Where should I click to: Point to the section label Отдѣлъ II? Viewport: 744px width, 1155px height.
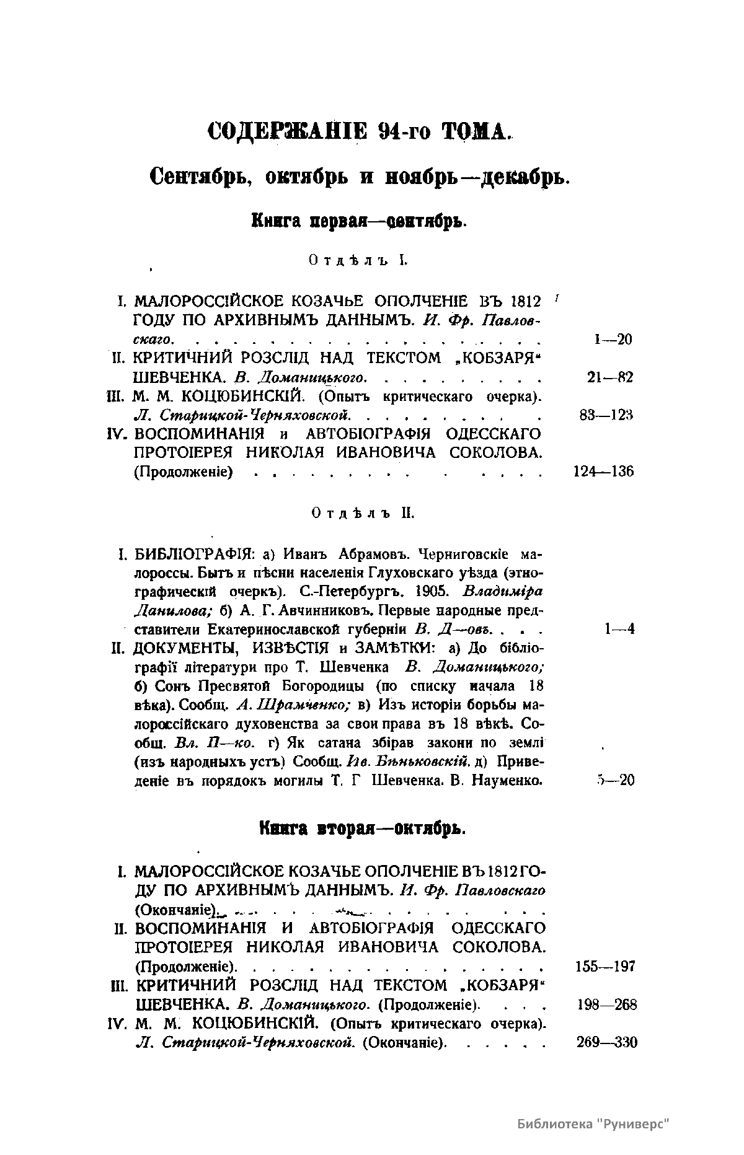click(x=363, y=514)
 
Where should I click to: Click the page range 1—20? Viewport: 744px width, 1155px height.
click(x=612, y=339)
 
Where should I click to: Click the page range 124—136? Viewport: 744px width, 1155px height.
click(x=601, y=472)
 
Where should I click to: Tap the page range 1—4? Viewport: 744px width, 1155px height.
click(x=619, y=630)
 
